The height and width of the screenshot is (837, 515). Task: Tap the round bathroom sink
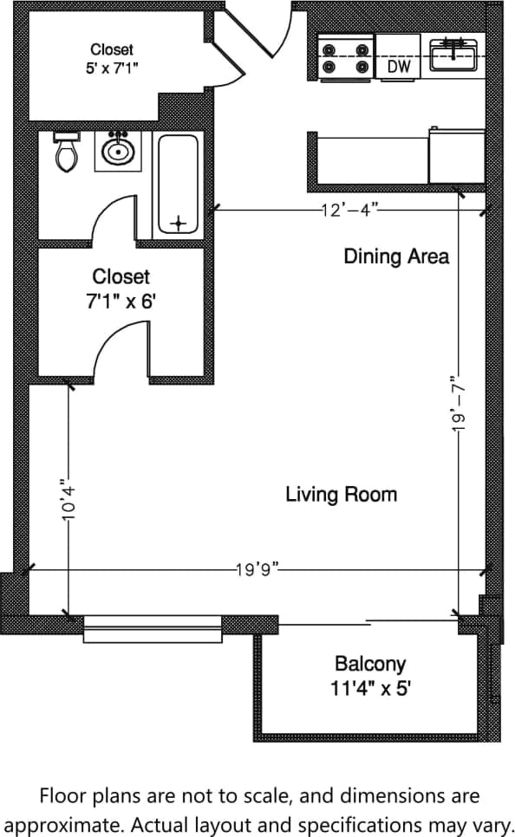117,151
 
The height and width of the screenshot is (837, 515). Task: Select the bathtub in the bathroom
178,185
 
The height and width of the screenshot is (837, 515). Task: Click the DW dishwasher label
398,66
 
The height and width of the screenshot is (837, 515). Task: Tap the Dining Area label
396,256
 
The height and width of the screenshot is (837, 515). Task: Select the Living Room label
341,495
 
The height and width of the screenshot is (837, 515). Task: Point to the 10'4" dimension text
68,500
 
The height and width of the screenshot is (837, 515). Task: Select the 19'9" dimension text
256,569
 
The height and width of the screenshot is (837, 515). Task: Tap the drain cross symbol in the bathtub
179,224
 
